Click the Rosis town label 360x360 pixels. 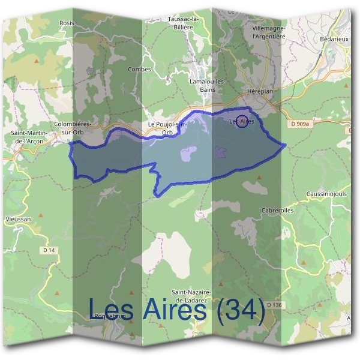click(66, 23)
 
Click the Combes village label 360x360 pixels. click(139, 70)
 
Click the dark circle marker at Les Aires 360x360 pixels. click(242, 121)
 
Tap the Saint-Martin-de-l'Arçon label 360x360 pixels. click(26, 136)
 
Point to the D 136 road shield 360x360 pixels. click(274, 305)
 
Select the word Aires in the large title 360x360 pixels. click(173, 310)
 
